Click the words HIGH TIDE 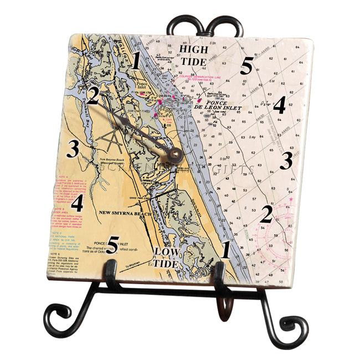tap(194, 56)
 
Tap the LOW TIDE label tap(166, 258)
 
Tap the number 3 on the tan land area tap(74, 148)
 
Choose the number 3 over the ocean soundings tap(286, 161)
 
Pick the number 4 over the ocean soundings tap(279, 105)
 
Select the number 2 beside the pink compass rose tap(266, 214)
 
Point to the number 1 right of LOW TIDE tap(225, 250)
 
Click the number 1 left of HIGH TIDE tap(136, 61)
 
